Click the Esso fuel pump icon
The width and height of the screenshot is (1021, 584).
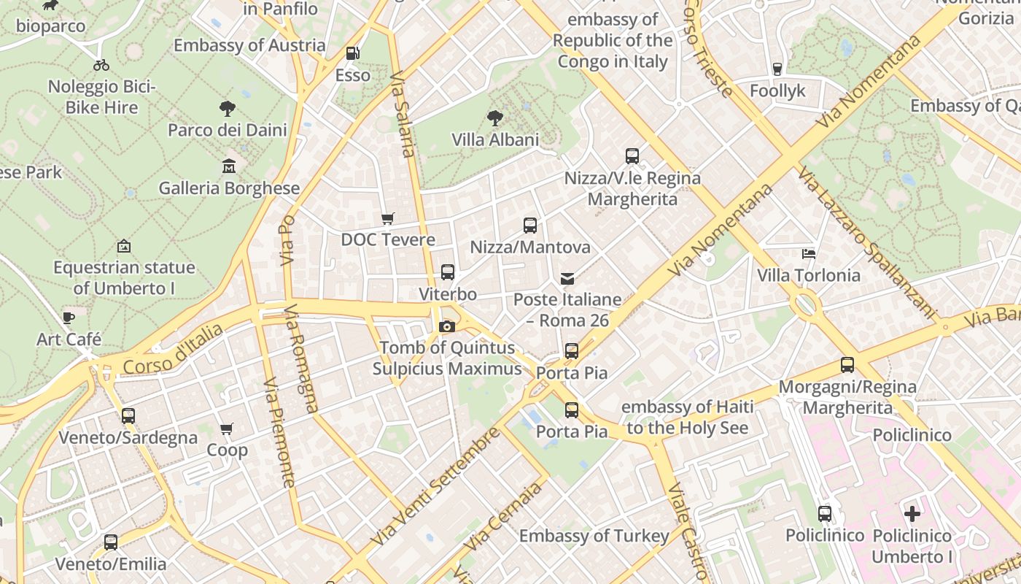click(352, 53)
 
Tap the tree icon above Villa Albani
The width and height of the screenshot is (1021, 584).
click(495, 118)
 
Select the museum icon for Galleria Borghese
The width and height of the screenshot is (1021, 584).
click(229, 166)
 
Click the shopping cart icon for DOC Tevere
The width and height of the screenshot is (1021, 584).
click(388, 218)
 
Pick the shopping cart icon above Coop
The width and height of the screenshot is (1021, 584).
click(227, 429)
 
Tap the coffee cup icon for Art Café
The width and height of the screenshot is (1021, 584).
click(69, 318)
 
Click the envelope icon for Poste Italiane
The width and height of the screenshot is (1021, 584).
click(567, 278)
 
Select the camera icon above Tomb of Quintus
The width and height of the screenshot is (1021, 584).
click(447, 326)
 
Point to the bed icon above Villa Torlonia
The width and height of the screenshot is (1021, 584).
click(808, 254)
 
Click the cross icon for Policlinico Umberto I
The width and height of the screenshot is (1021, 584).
click(912, 514)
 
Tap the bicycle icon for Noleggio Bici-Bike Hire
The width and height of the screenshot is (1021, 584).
click(101, 65)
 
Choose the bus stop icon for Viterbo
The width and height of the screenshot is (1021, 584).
click(448, 272)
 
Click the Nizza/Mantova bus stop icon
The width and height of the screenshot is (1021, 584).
click(530, 226)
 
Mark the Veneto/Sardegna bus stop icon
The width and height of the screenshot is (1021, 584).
click(128, 416)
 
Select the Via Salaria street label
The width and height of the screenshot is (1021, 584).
click(403, 113)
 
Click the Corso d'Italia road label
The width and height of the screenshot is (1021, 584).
click(173, 350)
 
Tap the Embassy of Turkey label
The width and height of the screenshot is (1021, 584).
click(594, 536)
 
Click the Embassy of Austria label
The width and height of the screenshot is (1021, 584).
click(249, 45)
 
